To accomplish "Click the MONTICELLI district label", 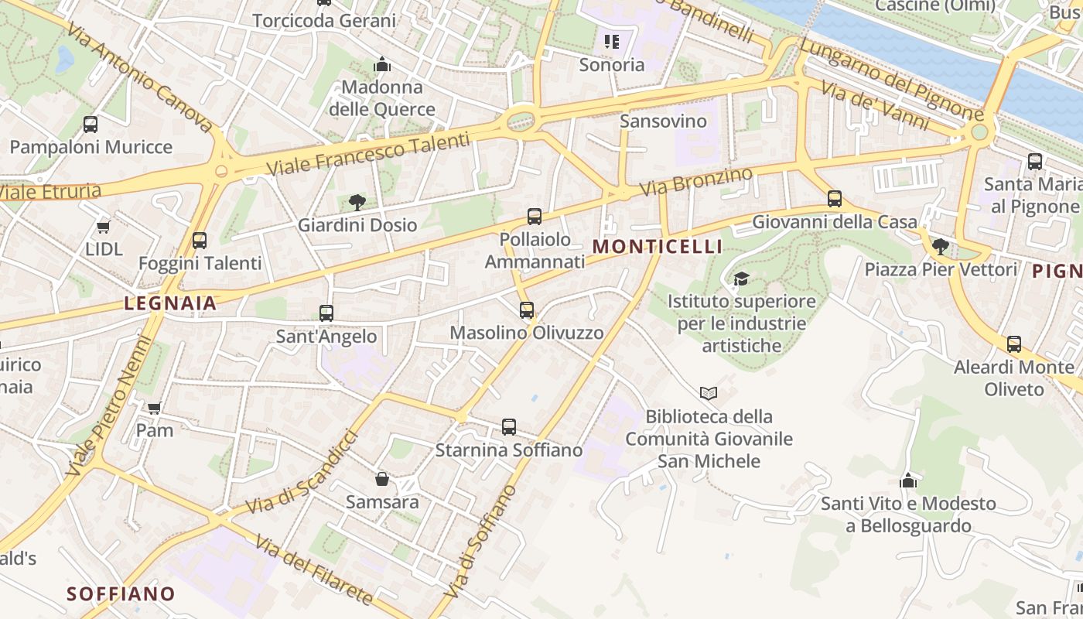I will (657, 247).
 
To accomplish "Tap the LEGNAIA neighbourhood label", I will (171, 304).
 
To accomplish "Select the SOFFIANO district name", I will (121, 594).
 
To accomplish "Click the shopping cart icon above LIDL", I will (104, 227).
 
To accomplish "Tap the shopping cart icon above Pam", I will (154, 408).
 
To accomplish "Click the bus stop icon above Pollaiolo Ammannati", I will (535, 217).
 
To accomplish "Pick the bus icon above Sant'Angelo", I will (326, 313).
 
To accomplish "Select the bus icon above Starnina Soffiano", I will (508, 426).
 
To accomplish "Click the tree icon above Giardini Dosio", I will (357, 203).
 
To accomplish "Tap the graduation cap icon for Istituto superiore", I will (741, 279).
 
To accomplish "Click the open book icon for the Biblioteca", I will (708, 393).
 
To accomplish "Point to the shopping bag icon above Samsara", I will (381, 479).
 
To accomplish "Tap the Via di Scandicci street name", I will (303, 474).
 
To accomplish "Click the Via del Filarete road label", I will (313, 570).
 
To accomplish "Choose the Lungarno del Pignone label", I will (890, 80).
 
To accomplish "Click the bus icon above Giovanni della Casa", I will (834, 199).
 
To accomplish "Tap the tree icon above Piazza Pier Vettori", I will (940, 247).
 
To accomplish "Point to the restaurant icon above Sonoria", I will (612, 42).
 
